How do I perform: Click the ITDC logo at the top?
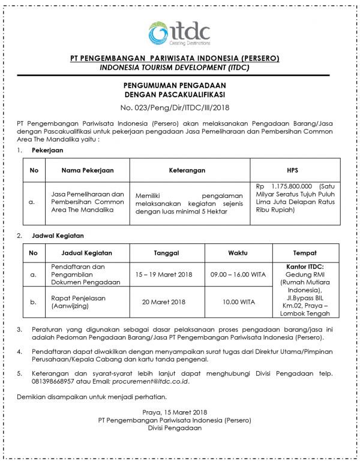(x=179, y=34)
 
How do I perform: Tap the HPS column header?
(x=295, y=170)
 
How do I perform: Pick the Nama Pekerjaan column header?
(x=88, y=170)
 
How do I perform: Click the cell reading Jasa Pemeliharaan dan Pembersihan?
(x=88, y=202)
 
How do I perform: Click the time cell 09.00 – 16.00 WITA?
(x=238, y=274)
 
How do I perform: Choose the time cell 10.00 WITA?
(x=238, y=302)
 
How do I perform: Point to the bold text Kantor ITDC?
(x=305, y=266)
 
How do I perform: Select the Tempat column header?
(x=305, y=253)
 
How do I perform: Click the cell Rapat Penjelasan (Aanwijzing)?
(x=73, y=302)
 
